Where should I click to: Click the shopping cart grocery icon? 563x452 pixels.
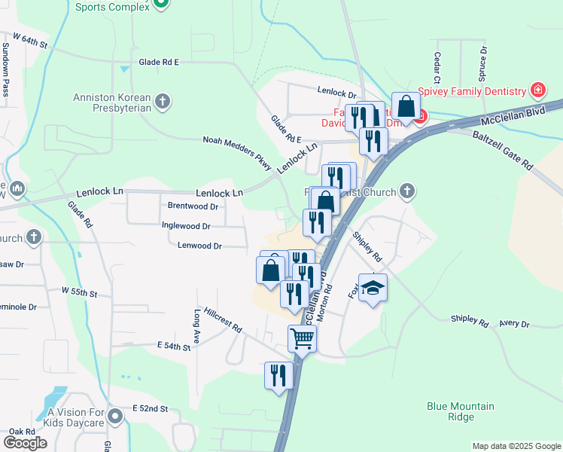click(x=303, y=339)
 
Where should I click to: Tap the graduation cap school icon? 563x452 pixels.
click(x=373, y=288)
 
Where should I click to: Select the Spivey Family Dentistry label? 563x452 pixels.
click(x=471, y=92)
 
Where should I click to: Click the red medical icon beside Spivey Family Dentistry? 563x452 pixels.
click(x=538, y=91)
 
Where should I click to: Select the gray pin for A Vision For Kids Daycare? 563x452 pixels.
click(x=115, y=416)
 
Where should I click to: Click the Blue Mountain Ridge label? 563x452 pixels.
click(x=461, y=411)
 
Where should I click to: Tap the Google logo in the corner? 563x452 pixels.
click(x=25, y=443)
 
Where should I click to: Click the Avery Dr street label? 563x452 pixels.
click(x=514, y=325)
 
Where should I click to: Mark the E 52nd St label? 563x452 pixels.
click(x=149, y=408)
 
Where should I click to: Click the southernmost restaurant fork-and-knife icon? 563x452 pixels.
click(x=278, y=374)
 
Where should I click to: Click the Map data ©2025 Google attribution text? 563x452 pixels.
click(x=516, y=446)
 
